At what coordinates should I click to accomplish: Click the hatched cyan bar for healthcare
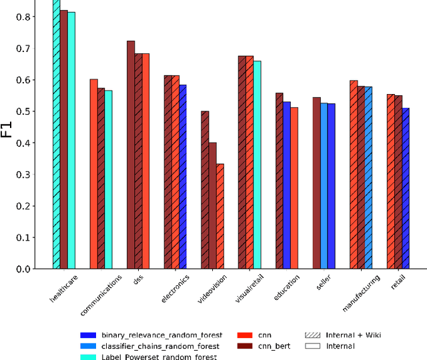(x=57, y=133)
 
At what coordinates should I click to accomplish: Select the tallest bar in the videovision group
(x=205, y=190)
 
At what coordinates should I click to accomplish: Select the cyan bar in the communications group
(x=108, y=180)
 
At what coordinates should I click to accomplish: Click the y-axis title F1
(x=7, y=127)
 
